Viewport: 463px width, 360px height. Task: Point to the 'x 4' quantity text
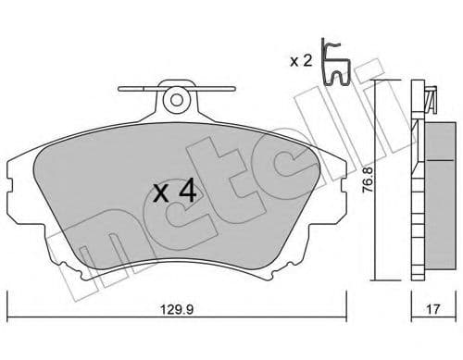[173, 192]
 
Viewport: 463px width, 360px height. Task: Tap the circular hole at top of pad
[173, 97]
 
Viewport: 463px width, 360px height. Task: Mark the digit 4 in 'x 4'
[186, 192]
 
